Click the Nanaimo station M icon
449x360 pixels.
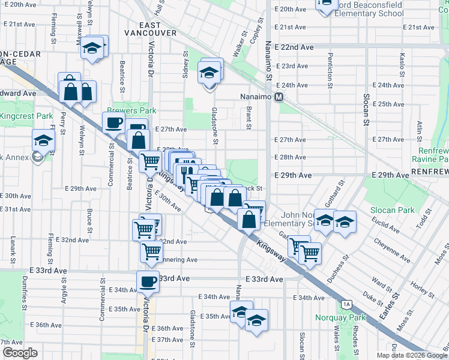coord(279,97)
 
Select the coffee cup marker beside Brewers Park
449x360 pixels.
coord(113,123)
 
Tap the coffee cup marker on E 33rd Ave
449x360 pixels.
coord(148,281)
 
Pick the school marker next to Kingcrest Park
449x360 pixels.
coord(43,140)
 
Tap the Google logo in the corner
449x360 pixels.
coord(20,353)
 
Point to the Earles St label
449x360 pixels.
coord(395,307)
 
